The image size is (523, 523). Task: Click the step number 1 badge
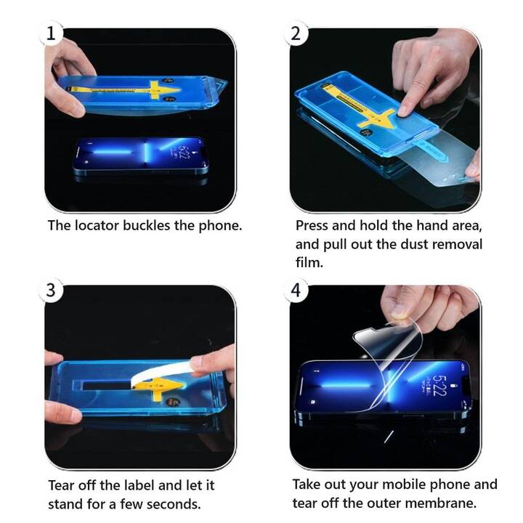(x=51, y=33)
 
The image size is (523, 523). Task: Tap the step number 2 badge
(x=296, y=33)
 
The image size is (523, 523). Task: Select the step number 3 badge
(x=51, y=290)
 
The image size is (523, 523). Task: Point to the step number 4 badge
(x=296, y=290)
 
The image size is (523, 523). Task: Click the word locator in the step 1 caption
(x=97, y=225)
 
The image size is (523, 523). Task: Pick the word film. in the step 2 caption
(x=309, y=262)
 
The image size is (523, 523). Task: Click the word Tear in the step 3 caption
(x=61, y=485)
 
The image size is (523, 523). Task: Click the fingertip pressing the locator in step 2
(x=405, y=110)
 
